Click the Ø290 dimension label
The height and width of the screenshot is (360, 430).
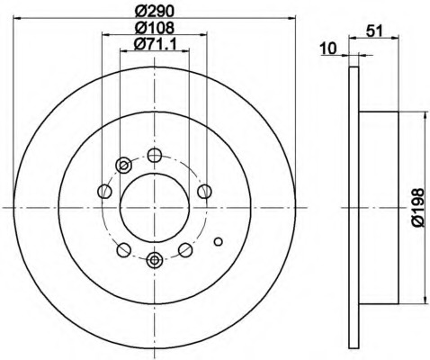point(154,11)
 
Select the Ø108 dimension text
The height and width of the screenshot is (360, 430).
point(154,28)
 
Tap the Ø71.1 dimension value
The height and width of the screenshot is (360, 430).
point(155,44)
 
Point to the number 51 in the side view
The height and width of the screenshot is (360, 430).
point(375,31)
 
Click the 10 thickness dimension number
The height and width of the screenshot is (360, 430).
point(328,49)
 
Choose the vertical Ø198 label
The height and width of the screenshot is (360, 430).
point(417,208)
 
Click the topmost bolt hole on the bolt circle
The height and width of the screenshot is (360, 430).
point(155,155)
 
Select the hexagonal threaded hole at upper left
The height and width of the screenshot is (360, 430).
point(123,165)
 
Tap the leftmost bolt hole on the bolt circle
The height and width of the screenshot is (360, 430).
point(104,192)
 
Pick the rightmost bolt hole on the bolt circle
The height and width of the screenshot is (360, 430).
point(205,192)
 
